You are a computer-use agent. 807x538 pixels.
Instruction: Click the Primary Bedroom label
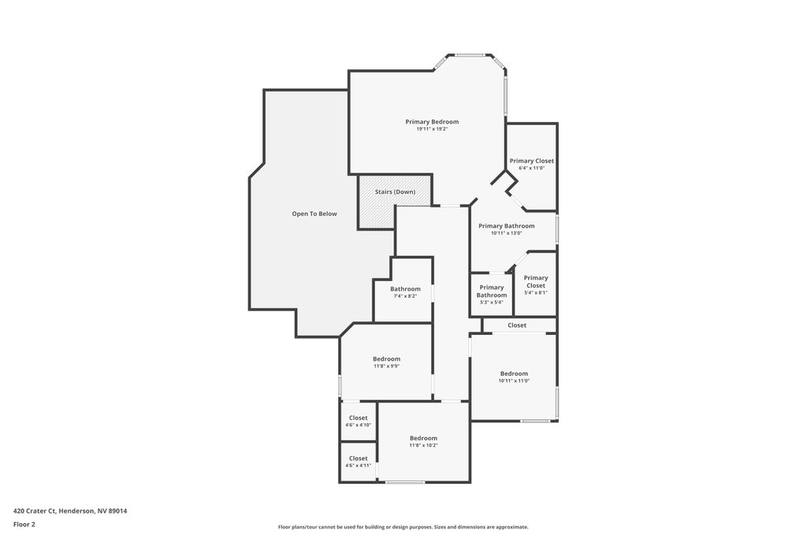pyautogui.click(x=432, y=122)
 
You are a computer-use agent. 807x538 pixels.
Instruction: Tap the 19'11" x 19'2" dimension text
pyautogui.click(x=432, y=129)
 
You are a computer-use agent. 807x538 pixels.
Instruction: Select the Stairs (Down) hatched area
pyautogui.click(x=395, y=202)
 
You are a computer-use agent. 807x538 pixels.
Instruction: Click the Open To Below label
pyautogui.click(x=314, y=214)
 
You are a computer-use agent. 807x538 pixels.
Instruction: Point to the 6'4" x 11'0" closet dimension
pyautogui.click(x=532, y=169)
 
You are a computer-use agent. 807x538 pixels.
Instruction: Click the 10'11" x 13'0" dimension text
pyautogui.click(x=507, y=233)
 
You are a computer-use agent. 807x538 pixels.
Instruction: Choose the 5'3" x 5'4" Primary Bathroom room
pyautogui.click(x=492, y=294)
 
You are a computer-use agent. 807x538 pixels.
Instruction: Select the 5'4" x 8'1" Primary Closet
pyautogui.click(x=536, y=284)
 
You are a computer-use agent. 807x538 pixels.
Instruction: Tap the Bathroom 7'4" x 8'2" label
pyautogui.click(x=405, y=292)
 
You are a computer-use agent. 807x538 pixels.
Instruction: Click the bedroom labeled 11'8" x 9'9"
pyautogui.click(x=386, y=362)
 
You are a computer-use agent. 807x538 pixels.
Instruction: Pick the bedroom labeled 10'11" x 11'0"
pyautogui.click(x=514, y=377)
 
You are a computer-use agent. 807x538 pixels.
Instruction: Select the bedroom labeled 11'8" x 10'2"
pyautogui.click(x=423, y=441)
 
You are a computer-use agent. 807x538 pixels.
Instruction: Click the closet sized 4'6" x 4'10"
pyautogui.click(x=359, y=421)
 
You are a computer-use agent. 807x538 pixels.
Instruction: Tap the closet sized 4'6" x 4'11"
pyautogui.click(x=359, y=462)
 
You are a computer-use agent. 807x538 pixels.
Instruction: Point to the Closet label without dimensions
pyautogui.click(x=517, y=325)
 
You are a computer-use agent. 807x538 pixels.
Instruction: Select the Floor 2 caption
pyautogui.click(x=24, y=525)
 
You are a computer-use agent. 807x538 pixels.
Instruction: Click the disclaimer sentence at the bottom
pyautogui.click(x=403, y=527)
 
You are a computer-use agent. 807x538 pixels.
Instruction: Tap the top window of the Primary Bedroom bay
pyautogui.click(x=470, y=55)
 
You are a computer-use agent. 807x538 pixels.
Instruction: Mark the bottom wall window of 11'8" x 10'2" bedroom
pyautogui.click(x=406, y=482)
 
